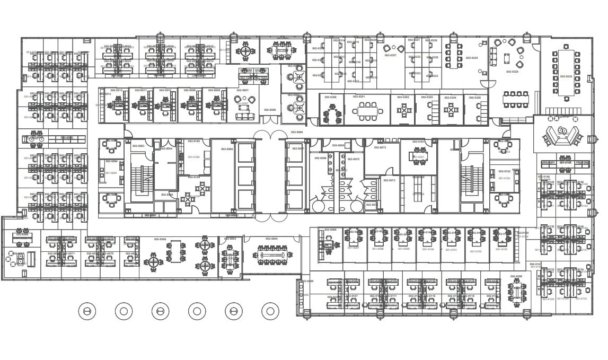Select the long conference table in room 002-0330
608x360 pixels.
click(x=566, y=73)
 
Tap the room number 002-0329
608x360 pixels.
click(x=512, y=72)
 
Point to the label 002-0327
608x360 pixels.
click(x=391, y=55)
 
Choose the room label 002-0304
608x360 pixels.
click(x=450, y=98)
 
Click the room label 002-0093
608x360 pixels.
click(x=230, y=239)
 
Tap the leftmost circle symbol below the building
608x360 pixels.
click(x=87, y=311)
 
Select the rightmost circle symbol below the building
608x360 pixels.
click(x=270, y=311)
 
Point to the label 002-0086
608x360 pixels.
click(x=330, y=230)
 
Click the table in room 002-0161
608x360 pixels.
click(x=419, y=155)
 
